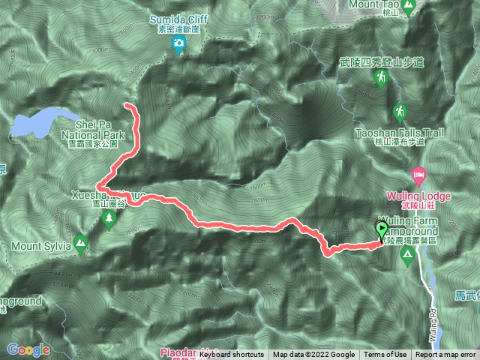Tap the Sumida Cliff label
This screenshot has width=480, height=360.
tap(178, 16)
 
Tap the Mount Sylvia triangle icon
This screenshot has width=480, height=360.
tap(80, 241)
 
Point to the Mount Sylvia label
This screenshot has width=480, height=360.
tap(40, 245)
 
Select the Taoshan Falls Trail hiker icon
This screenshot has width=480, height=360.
tap(400, 112)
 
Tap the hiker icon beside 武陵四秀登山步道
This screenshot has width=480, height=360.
tap(382, 77)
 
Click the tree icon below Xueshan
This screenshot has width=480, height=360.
tap(109, 219)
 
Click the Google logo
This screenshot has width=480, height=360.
tap(28, 350)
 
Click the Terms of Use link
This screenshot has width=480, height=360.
tap(385, 355)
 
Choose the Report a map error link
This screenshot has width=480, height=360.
tap(445, 355)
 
